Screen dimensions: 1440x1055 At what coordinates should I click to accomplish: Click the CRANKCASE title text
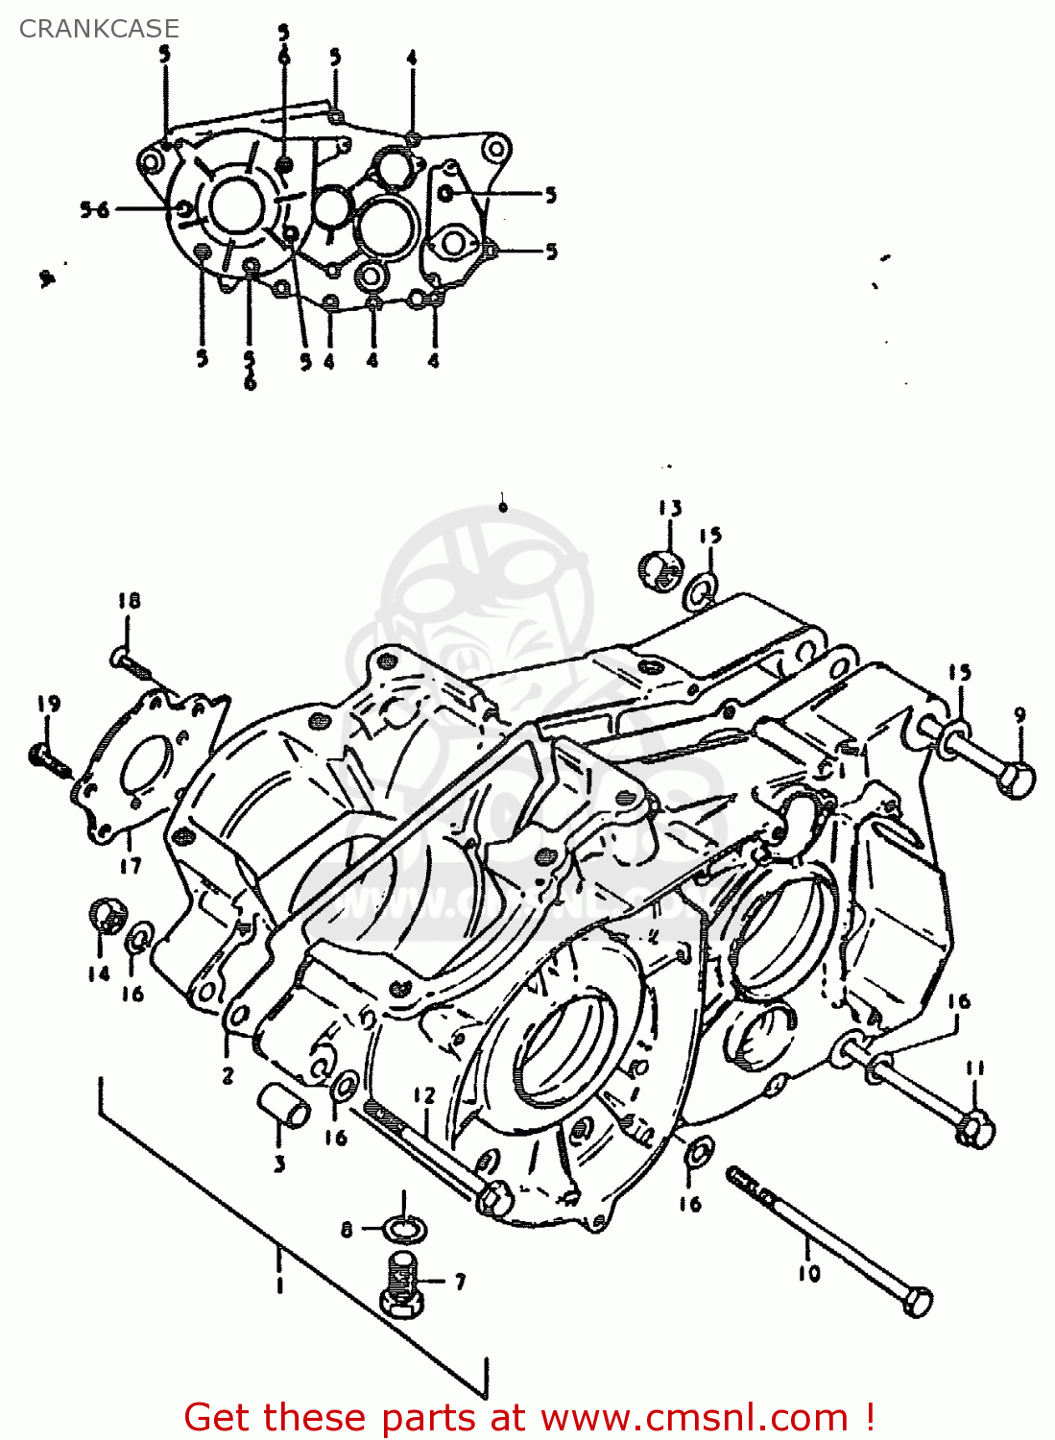(x=99, y=29)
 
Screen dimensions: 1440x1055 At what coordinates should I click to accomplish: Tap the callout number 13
(x=669, y=508)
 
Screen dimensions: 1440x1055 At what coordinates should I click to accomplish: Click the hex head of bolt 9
(x=1016, y=777)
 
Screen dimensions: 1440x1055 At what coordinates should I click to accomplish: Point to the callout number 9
(x=1019, y=715)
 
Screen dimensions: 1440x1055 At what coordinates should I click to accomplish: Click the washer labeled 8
(x=403, y=1228)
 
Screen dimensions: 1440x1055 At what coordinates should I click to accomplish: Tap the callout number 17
(x=131, y=865)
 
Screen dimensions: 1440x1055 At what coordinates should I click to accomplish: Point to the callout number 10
(x=808, y=1273)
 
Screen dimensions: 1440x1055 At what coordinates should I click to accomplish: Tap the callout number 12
(x=424, y=1095)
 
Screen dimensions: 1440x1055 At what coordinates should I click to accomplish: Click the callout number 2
(x=228, y=1075)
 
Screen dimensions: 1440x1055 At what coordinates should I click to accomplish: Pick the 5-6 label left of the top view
(x=95, y=209)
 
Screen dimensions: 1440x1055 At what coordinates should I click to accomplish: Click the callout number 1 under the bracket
(x=279, y=1284)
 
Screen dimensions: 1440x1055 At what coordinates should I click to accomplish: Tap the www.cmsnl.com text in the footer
(x=693, y=1417)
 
